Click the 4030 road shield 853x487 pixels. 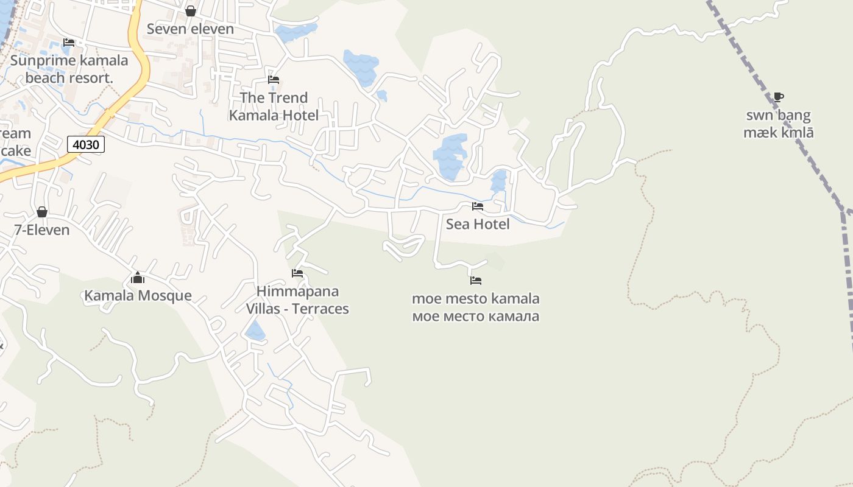(x=86, y=145)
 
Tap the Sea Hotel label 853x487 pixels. (x=478, y=224)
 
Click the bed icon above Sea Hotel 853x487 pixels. (x=478, y=206)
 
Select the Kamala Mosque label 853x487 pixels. (x=138, y=296)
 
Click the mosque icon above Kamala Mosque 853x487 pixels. (x=138, y=278)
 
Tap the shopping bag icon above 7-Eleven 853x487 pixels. (x=42, y=212)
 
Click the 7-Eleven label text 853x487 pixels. (x=42, y=230)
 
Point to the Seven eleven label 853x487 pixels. (x=190, y=29)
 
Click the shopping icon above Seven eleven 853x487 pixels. (x=191, y=11)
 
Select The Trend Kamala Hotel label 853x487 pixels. (x=274, y=107)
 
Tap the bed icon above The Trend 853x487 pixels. (x=274, y=80)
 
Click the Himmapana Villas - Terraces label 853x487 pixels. (x=297, y=300)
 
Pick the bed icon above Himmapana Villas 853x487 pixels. (x=297, y=273)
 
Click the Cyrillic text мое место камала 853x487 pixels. (x=476, y=317)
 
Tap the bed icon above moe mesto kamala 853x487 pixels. (x=476, y=281)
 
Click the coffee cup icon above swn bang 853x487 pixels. (x=778, y=97)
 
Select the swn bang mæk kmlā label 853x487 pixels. (x=779, y=124)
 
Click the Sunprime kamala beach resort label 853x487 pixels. (x=69, y=69)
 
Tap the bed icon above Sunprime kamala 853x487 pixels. (x=69, y=43)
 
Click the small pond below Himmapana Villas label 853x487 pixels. (x=255, y=332)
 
